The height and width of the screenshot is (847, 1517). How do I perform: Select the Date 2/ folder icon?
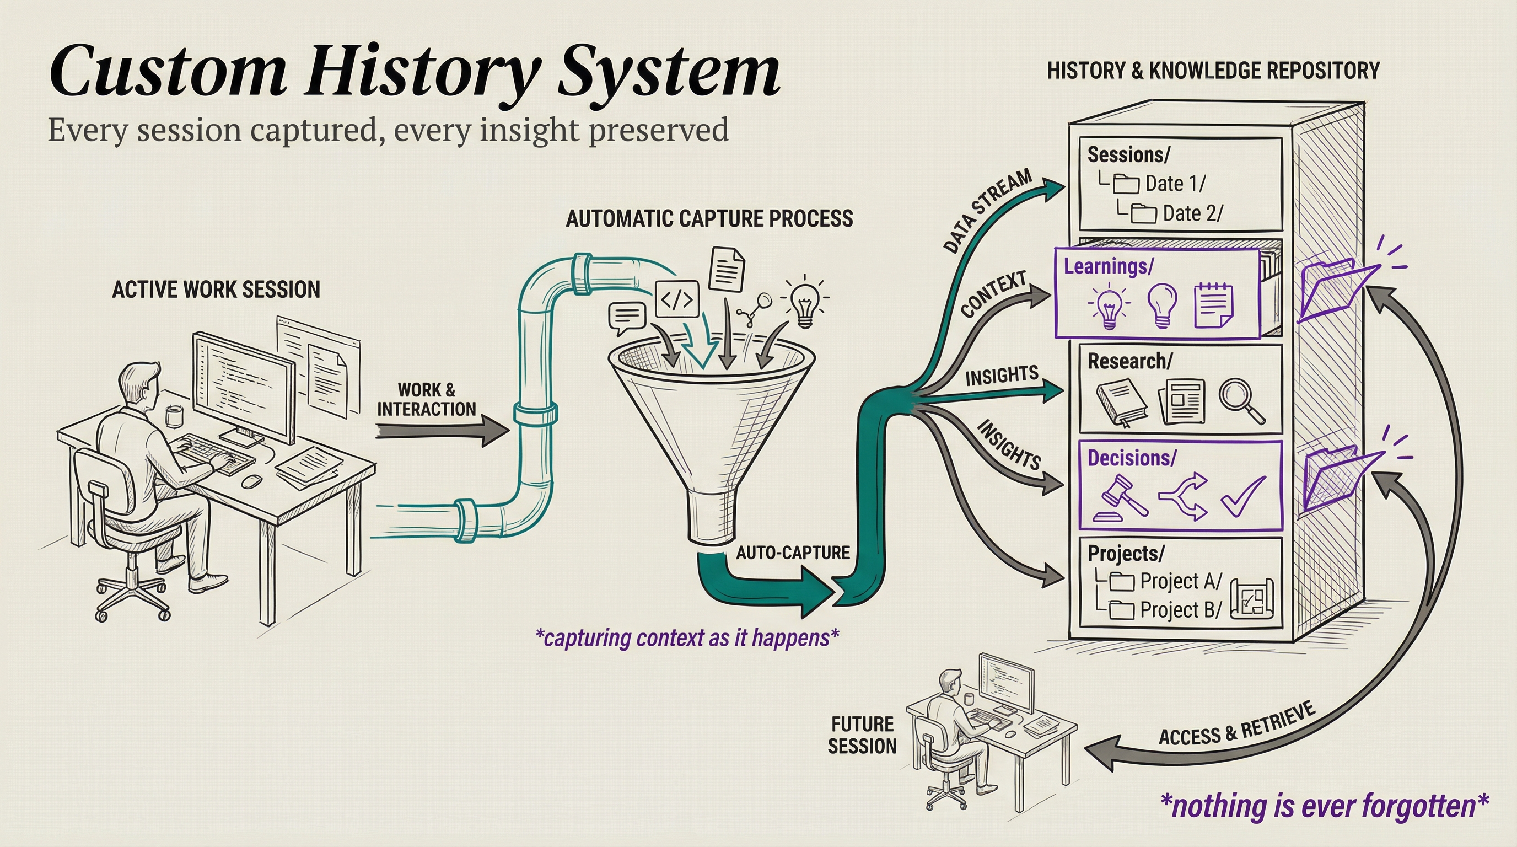tap(1144, 213)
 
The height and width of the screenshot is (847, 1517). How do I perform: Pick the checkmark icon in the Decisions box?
tap(1242, 496)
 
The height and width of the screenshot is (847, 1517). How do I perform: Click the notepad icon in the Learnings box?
tap(1213, 305)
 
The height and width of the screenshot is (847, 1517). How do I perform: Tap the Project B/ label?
tap(1181, 610)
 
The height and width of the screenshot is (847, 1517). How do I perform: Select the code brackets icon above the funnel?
tap(677, 300)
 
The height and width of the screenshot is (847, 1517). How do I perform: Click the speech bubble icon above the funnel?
tap(627, 318)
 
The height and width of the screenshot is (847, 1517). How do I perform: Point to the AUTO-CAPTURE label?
tap(793, 553)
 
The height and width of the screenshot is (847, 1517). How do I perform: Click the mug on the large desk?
tap(174, 416)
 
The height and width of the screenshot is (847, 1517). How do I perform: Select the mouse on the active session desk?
tap(251, 481)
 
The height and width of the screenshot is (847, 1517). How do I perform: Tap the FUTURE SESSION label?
tap(862, 735)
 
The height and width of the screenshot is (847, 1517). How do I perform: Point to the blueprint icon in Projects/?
tap(1252, 598)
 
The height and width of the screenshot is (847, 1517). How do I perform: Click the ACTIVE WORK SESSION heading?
tap(216, 290)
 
